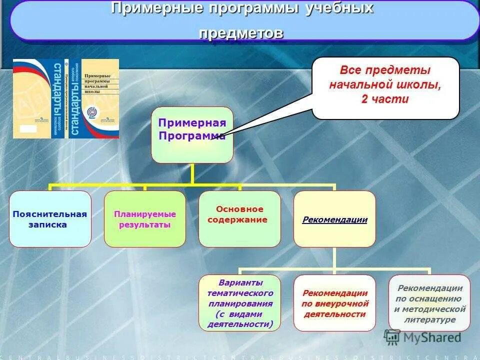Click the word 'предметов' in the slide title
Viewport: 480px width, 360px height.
pos(241,33)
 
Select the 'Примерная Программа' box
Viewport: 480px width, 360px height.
pos(192,134)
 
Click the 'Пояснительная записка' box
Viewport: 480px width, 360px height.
pos(50,219)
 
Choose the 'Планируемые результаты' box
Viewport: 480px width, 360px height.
pos(145,219)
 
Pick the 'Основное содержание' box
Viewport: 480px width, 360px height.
pos(239,219)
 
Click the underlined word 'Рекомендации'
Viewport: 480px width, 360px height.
pos(334,219)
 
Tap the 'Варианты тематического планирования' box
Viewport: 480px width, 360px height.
pos(239,303)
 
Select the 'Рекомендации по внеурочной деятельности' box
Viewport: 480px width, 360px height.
pos(334,303)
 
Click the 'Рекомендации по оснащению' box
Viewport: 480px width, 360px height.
pos(429,303)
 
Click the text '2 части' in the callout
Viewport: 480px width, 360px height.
pos(385,99)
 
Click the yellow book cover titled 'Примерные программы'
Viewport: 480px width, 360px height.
pos(99,98)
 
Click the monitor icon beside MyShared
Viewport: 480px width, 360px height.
pos(392,337)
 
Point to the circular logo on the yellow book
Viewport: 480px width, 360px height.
pos(93,112)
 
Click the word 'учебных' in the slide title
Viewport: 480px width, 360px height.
pos(339,8)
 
